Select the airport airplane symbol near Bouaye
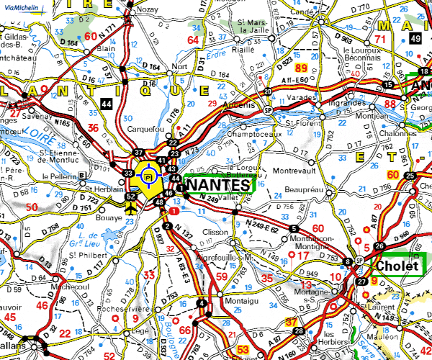130,209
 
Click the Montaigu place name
225,300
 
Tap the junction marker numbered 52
131,196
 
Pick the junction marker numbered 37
139,153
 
